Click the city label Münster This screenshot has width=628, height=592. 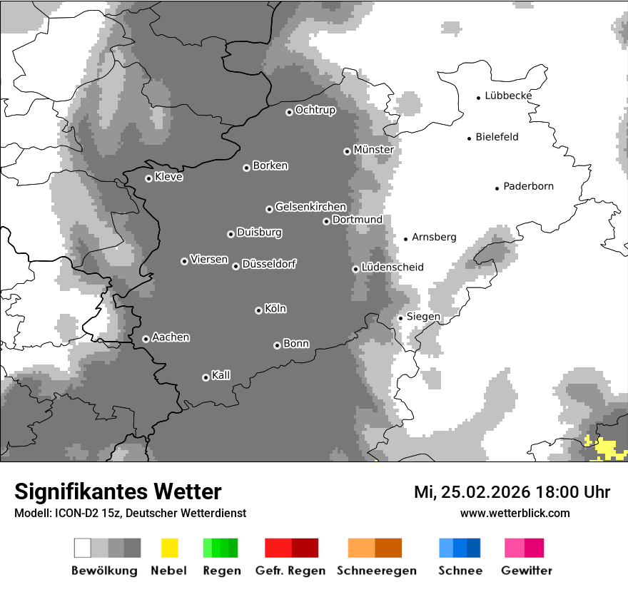373,150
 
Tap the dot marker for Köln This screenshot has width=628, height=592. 258,310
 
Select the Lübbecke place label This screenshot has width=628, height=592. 508,96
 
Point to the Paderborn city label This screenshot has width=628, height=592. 528,186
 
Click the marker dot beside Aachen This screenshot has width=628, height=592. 146,339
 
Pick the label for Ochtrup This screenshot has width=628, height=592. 315,110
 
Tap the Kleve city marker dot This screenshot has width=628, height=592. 148,178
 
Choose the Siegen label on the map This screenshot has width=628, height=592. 423,316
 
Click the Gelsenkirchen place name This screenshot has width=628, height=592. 310,207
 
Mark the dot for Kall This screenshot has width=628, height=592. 206,377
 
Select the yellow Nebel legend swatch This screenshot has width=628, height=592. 169,548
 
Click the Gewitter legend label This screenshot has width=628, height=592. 527,571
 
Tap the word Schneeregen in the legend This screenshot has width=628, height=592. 377,571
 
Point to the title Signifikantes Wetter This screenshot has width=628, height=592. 118,491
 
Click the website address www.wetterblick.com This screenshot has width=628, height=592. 515,513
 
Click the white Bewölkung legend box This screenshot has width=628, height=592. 83,548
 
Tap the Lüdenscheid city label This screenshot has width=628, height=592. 392,267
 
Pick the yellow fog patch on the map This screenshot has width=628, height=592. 606,449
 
